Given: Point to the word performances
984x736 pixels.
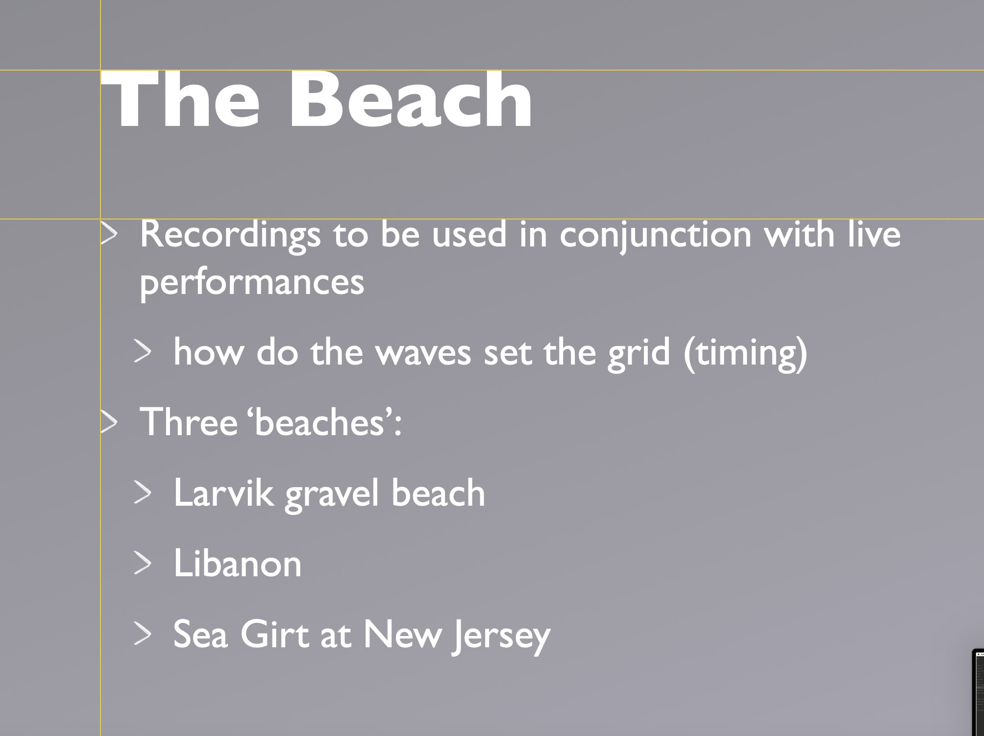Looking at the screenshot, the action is [x=252, y=284].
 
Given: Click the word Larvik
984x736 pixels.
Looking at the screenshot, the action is [x=223, y=492].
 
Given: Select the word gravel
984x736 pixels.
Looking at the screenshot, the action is [x=332, y=494].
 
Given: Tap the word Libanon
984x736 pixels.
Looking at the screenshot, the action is [x=238, y=563].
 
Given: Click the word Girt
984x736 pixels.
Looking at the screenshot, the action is [x=275, y=634].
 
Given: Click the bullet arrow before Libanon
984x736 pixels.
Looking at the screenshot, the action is [x=143, y=564].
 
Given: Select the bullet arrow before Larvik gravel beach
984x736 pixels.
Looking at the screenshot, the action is [x=143, y=493].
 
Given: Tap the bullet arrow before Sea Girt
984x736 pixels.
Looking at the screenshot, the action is [x=143, y=635].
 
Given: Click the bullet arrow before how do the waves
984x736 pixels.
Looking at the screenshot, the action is [x=143, y=353].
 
